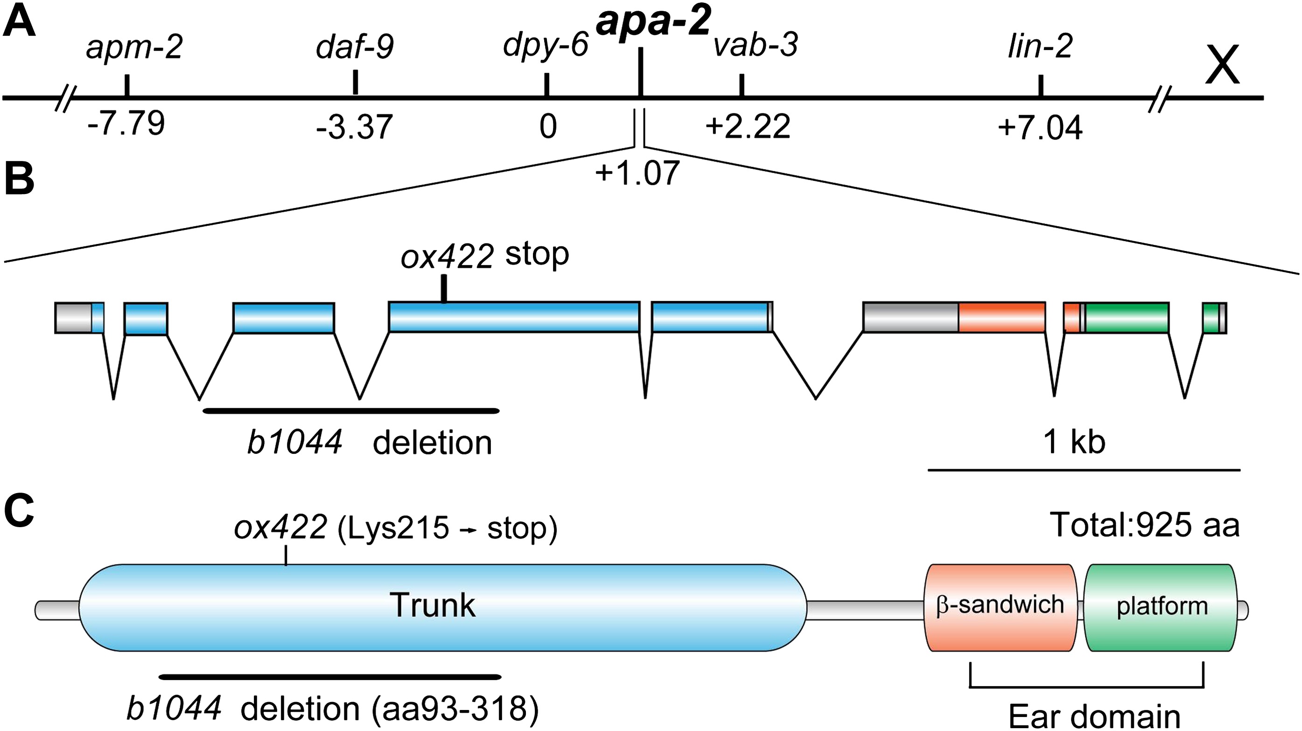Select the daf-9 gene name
pos(355,48)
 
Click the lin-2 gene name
pos(1040,48)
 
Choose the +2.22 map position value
pos(748,126)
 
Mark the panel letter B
pos(19,179)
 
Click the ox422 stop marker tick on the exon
pos(444,288)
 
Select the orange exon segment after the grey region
pos(1002,317)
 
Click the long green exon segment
pos(1127,317)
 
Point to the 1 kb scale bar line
pos(1084,470)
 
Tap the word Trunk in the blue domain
pos(432,605)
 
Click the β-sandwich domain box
pos(1000,607)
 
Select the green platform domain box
pos(1162,607)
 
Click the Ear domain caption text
pos(1094,717)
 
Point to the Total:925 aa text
pos(1144,525)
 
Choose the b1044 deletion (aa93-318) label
pos(332,709)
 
